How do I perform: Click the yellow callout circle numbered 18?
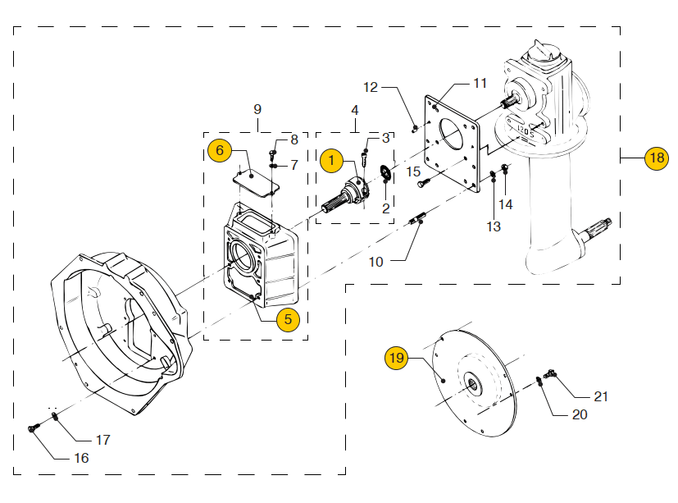click(657, 158)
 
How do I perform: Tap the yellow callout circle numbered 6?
click(219, 151)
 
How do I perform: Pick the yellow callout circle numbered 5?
click(287, 319)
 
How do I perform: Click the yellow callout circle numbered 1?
click(331, 161)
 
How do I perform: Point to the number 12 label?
click(371, 87)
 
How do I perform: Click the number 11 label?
click(480, 84)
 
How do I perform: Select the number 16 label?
click(81, 458)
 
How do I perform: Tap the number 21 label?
click(601, 396)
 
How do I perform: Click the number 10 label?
click(376, 262)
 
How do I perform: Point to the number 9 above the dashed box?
click(257, 108)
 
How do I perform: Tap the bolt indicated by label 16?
click(34, 428)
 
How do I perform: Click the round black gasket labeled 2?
click(385, 174)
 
